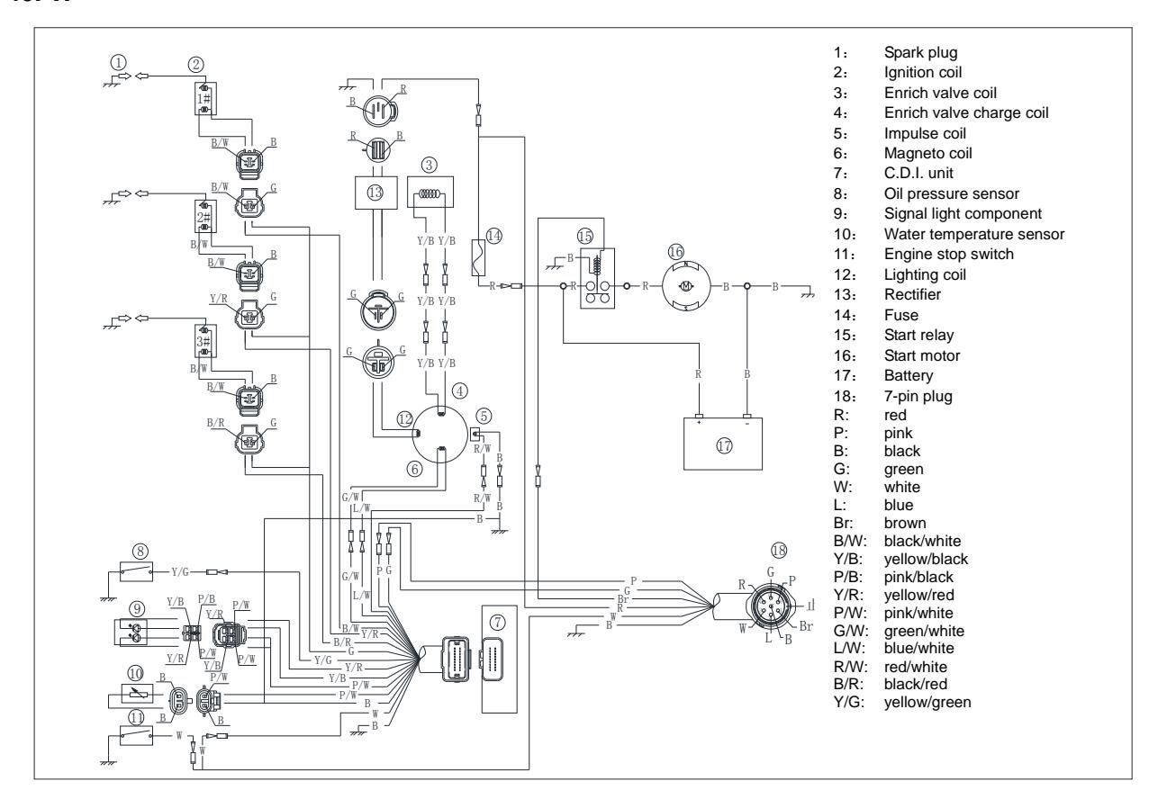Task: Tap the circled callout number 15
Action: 586,236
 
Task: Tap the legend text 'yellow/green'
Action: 929,701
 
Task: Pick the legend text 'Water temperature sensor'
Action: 963,234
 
